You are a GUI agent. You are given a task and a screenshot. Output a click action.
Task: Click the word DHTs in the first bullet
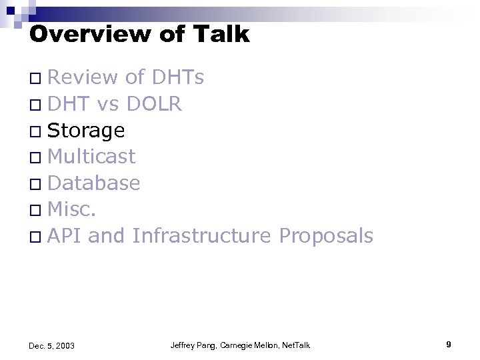coord(178,78)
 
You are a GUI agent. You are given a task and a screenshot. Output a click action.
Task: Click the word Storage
coord(86,131)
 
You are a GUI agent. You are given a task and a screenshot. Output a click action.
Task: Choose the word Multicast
coord(91,157)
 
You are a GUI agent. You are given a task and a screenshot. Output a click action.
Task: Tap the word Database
coord(94,183)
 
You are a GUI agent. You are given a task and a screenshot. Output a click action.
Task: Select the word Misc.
coord(73,209)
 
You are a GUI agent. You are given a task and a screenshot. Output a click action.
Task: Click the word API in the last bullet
coord(64,235)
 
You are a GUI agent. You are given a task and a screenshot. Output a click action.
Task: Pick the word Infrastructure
coord(201,235)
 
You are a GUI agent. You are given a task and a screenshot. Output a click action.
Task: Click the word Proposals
coord(326,235)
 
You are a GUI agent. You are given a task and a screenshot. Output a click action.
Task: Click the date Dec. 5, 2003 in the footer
coord(52,345)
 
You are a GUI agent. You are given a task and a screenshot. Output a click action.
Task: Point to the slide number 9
coord(449,344)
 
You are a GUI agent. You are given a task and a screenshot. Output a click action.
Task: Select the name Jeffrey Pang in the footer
coord(192,345)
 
